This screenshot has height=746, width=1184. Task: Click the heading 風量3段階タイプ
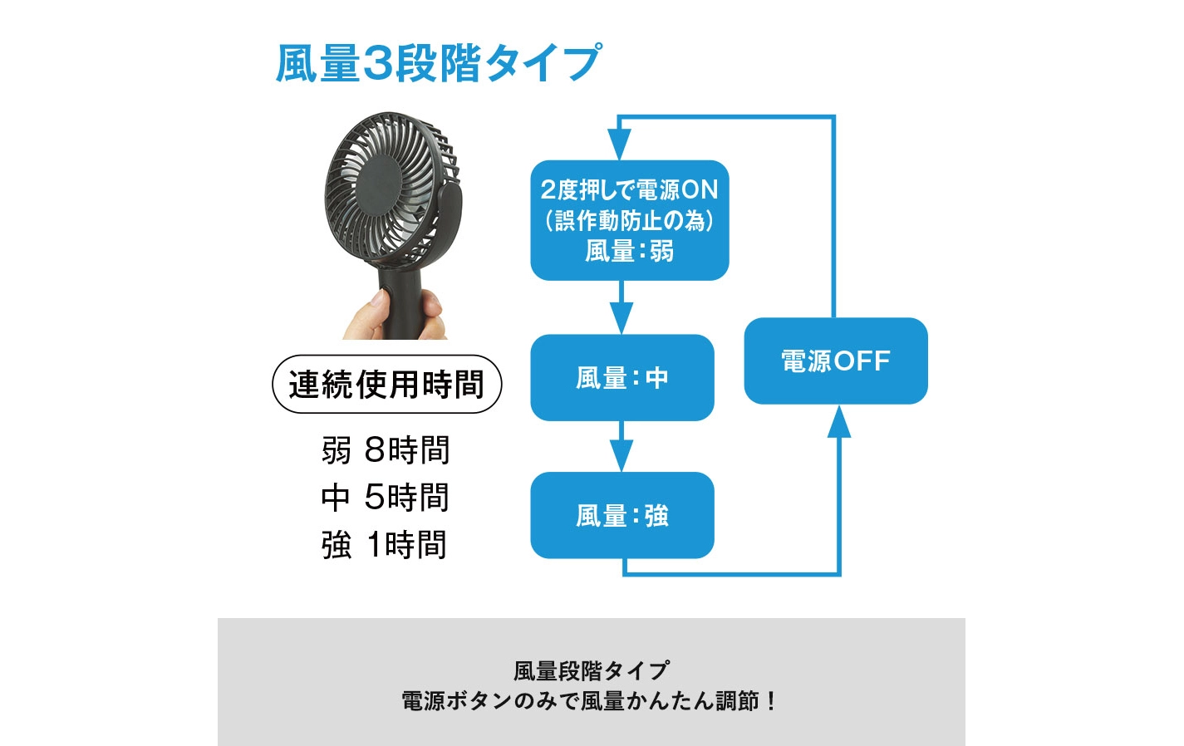point(439,63)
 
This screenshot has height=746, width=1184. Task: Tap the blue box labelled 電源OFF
point(836,361)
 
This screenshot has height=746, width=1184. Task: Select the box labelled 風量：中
point(622,378)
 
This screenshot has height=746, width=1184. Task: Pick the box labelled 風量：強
point(622,515)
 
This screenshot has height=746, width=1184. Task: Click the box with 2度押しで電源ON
point(630,220)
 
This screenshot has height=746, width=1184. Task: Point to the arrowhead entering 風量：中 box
point(621,318)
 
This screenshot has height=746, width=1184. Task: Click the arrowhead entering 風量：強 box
point(621,455)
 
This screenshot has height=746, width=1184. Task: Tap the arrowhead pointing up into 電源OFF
point(839,422)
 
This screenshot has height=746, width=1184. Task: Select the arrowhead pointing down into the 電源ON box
point(619,145)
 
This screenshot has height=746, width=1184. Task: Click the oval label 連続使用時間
point(386,384)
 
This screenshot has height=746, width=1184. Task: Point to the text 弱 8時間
point(386,450)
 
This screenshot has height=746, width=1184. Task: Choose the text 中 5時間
point(386,497)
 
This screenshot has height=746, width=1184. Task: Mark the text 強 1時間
point(384,544)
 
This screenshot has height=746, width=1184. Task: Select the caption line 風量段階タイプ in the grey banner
point(592,671)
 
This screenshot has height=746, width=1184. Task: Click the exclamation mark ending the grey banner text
point(771,701)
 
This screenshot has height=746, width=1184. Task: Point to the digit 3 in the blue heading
point(377,63)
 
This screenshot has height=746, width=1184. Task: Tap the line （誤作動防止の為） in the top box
point(630,220)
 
